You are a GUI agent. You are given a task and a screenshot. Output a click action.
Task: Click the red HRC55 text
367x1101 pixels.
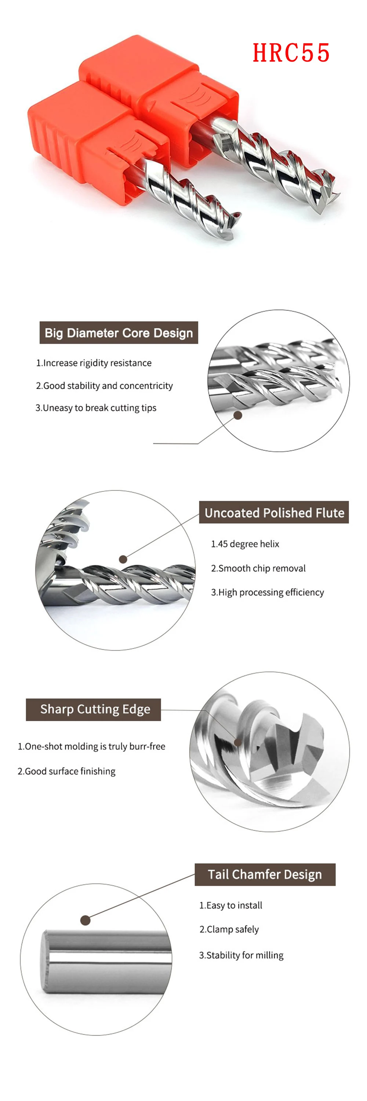(x=291, y=53)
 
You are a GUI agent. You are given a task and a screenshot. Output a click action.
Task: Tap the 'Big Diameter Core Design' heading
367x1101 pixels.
(x=119, y=333)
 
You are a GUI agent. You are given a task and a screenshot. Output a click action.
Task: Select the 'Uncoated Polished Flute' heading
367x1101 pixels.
(x=274, y=512)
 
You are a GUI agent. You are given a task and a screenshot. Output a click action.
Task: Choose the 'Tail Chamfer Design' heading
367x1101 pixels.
(x=265, y=875)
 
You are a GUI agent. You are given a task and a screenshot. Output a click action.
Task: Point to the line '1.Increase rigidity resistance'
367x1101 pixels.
(x=94, y=363)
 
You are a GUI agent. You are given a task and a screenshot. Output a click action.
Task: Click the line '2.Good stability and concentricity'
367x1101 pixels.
(x=104, y=385)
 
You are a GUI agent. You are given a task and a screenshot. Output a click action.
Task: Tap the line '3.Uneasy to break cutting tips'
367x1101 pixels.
(x=96, y=408)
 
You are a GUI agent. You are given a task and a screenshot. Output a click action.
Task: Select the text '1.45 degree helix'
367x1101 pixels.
(x=245, y=544)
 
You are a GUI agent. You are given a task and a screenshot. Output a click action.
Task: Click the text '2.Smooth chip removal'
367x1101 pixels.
(x=258, y=568)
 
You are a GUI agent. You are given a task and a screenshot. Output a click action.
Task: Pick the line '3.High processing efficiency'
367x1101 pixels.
(x=268, y=592)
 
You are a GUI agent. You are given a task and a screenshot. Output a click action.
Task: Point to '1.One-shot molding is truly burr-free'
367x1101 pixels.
(x=91, y=746)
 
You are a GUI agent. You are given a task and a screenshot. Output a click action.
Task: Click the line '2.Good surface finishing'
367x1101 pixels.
(x=67, y=771)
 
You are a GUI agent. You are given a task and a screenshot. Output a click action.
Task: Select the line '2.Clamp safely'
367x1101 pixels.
(x=229, y=929)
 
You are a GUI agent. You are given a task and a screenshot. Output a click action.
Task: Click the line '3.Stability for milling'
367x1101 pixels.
(x=241, y=955)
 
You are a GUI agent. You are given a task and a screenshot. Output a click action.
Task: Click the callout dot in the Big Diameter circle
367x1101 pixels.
(x=238, y=415)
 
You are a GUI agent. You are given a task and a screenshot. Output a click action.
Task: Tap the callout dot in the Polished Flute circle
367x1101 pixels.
(x=123, y=559)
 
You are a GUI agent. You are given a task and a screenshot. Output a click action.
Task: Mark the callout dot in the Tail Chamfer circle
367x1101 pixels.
(x=86, y=920)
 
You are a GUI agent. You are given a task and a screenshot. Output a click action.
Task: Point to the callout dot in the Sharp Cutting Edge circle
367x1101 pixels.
(x=237, y=742)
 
